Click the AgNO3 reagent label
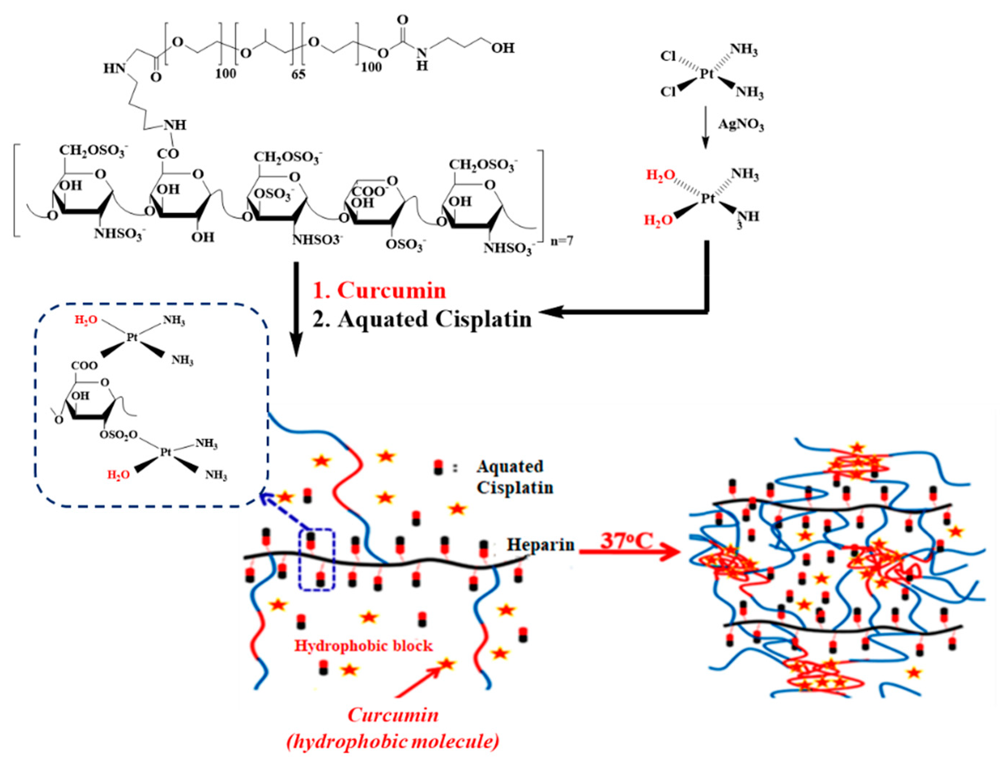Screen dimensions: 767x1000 click(740, 124)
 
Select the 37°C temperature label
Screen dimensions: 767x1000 click(626, 541)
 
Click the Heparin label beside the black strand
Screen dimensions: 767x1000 click(540, 545)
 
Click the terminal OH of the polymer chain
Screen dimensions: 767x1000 click(502, 47)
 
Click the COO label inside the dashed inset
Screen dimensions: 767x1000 click(84, 366)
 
